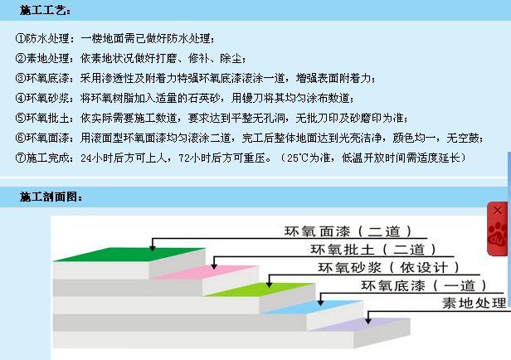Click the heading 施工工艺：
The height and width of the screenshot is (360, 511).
pyautogui.click(x=45, y=10)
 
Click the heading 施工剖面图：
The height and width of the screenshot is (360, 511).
pyautogui.click(x=51, y=197)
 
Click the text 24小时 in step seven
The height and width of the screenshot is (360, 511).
pyautogui.click(x=98, y=157)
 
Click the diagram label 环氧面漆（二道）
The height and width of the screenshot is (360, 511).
pyautogui.click(x=348, y=231)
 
